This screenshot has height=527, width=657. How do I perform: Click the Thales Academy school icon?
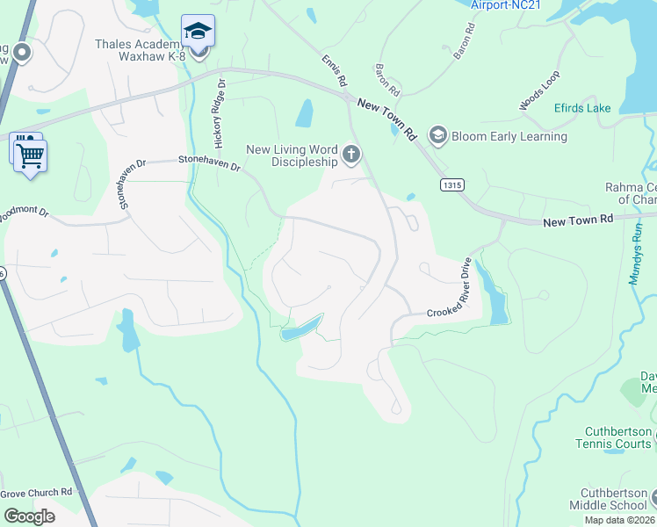199,32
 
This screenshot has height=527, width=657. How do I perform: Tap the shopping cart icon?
31,156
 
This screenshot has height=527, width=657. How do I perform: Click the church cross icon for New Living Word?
351,155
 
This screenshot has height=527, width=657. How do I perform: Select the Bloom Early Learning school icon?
437,136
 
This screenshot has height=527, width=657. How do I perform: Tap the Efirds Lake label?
581,108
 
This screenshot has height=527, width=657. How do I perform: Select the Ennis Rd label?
333,71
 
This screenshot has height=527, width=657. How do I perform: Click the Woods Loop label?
538,91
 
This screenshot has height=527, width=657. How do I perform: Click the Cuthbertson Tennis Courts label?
620,437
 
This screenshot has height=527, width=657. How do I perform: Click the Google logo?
29,516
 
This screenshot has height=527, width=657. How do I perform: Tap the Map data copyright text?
619,520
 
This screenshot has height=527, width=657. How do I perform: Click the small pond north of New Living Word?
305,112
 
